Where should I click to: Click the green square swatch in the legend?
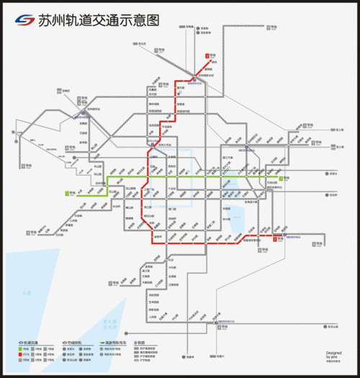[17, 348]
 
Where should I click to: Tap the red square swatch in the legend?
[17, 354]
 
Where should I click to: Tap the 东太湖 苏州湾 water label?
[110, 323]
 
